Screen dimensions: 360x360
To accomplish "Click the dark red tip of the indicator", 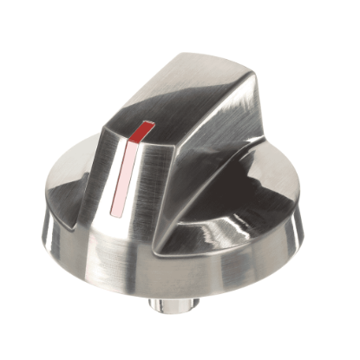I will tap(141, 131).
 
